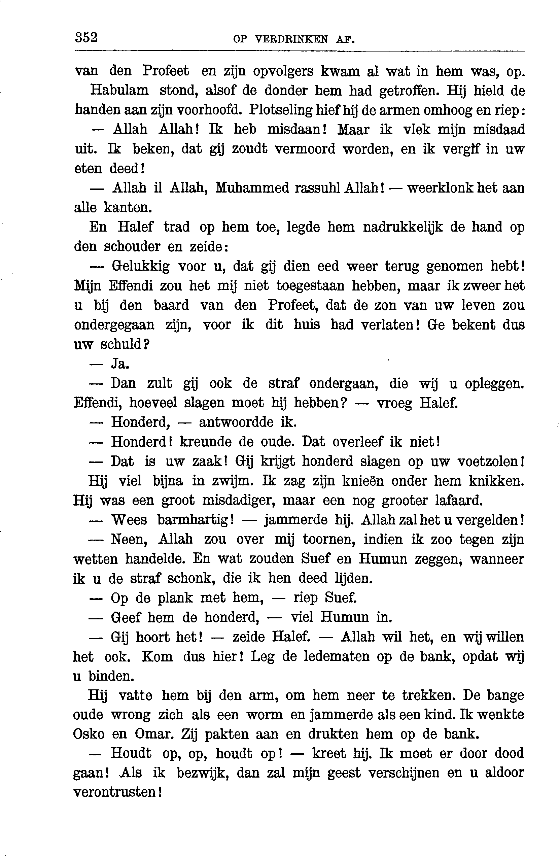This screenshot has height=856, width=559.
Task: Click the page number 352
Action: coord(86,37)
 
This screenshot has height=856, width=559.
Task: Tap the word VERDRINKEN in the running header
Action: coord(291,39)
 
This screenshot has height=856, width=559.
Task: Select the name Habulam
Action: coord(119,90)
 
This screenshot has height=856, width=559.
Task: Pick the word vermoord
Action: coord(305,148)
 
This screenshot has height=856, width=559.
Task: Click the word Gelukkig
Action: coord(141,266)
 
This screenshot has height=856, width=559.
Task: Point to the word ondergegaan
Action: coord(114,325)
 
